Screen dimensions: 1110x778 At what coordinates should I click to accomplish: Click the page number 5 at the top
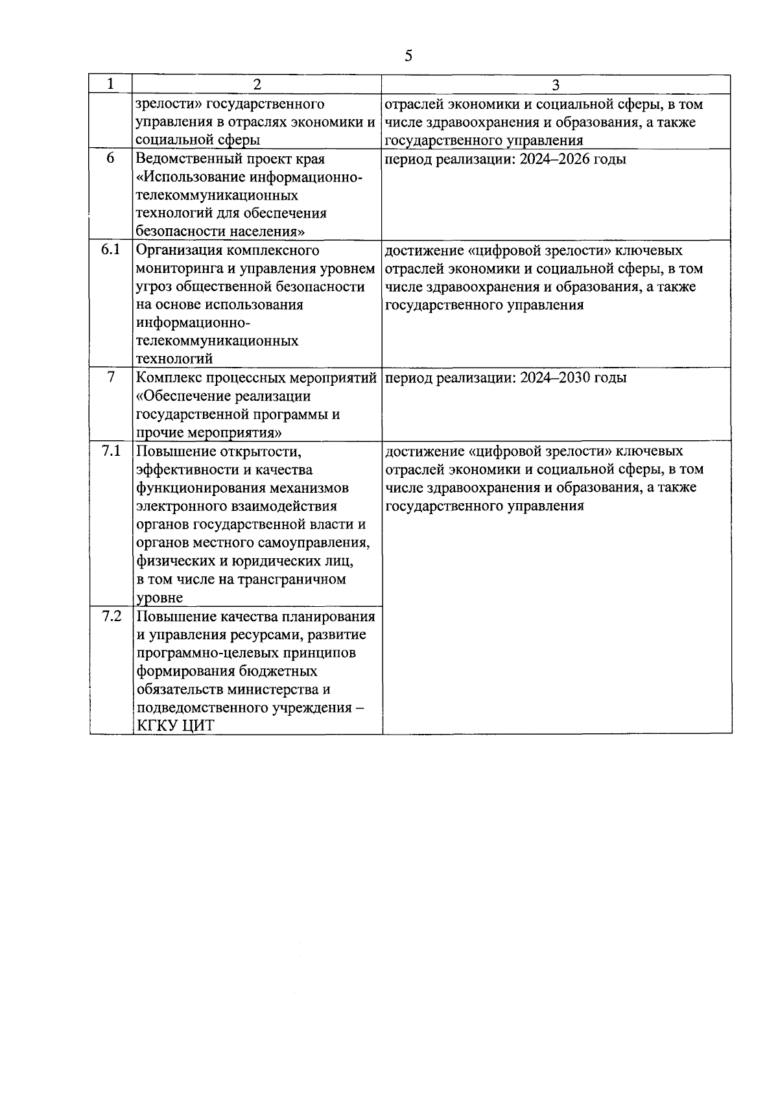(x=408, y=56)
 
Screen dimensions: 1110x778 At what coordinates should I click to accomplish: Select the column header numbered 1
(x=110, y=84)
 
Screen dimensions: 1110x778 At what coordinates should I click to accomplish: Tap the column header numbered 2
(x=257, y=84)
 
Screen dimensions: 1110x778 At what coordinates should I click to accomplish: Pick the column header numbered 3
(x=556, y=84)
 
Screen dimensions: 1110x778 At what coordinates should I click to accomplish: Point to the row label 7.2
(x=112, y=617)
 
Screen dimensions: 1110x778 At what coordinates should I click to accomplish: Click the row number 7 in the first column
(x=111, y=377)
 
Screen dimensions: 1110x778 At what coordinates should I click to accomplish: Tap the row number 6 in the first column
(x=111, y=159)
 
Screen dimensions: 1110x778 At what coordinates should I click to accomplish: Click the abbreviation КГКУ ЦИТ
(x=175, y=726)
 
